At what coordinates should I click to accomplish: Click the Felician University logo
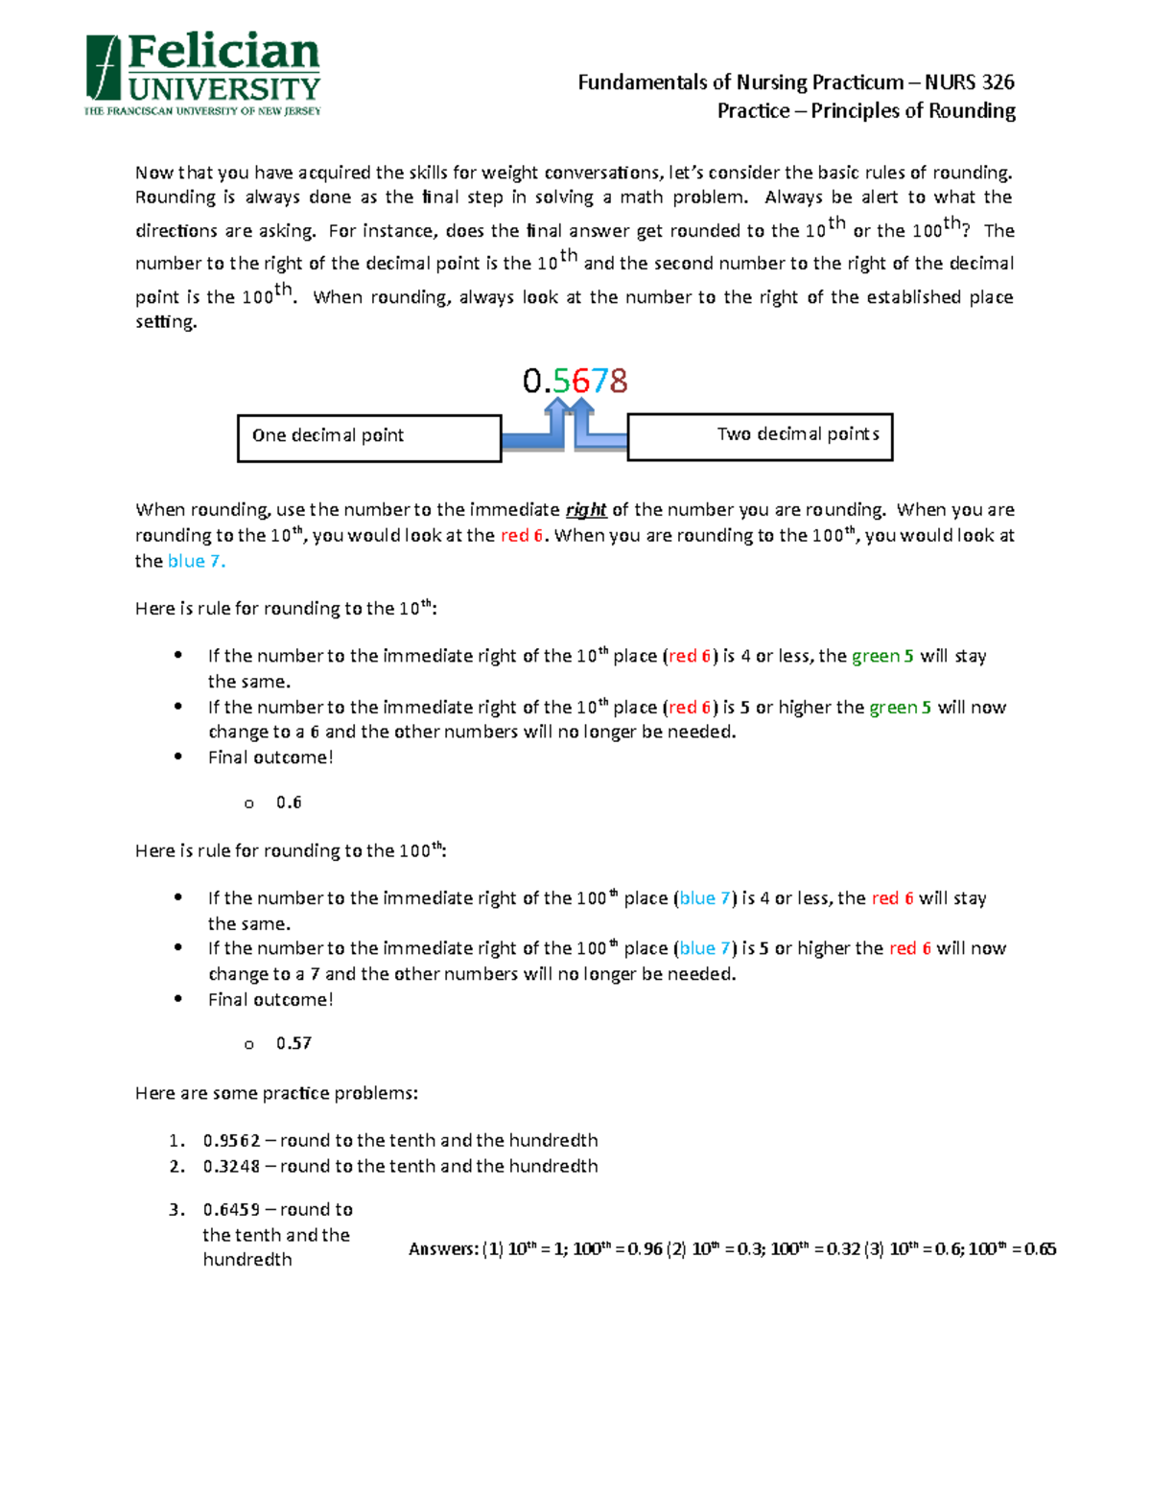click(x=202, y=74)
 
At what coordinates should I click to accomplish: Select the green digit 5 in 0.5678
click(x=561, y=382)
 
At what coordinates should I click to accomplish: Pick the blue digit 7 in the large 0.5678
click(x=599, y=382)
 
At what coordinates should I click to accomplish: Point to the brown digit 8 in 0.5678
click(x=619, y=382)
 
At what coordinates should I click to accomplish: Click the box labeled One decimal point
click(x=369, y=438)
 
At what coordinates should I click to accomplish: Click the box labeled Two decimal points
click(x=760, y=436)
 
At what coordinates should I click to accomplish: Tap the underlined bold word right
click(x=585, y=510)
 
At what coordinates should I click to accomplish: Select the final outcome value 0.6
click(x=289, y=803)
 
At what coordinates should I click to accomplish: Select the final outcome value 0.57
click(x=294, y=1043)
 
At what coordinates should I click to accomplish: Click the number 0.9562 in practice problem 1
click(x=231, y=1141)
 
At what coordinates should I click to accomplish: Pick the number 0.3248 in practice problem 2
click(x=231, y=1167)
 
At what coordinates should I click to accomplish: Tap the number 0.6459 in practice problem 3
click(x=231, y=1210)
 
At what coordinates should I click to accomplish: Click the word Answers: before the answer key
click(x=442, y=1249)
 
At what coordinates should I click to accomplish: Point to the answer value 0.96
click(x=645, y=1249)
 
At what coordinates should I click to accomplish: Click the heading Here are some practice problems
click(x=276, y=1094)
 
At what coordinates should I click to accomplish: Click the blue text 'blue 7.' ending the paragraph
click(x=196, y=562)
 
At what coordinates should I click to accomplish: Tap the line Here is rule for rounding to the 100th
click(x=290, y=851)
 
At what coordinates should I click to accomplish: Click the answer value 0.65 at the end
click(x=1040, y=1249)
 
